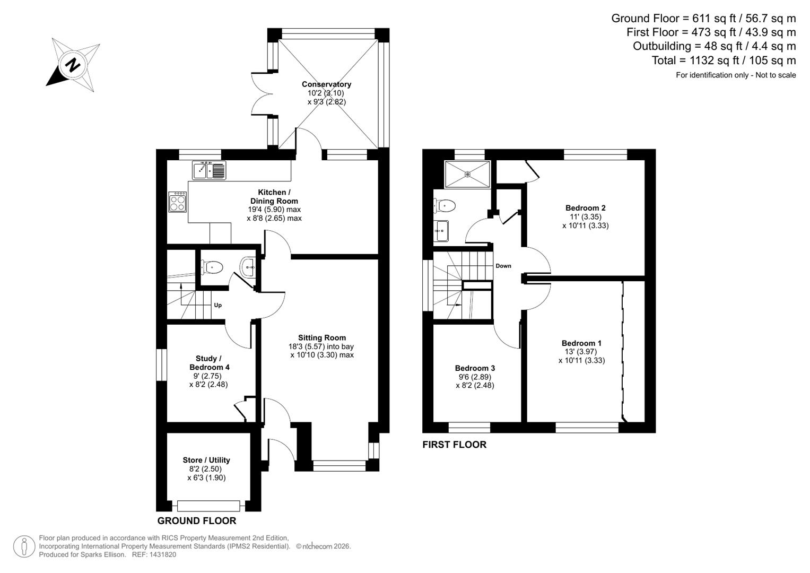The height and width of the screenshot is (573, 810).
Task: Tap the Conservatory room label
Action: pos(326,84)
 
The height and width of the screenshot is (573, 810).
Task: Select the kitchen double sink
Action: pos(209,170)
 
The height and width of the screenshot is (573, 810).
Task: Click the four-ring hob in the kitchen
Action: pos(178,202)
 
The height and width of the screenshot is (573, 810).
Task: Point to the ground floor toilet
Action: pos(212,267)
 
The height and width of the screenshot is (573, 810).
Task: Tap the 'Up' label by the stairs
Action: pos(217,305)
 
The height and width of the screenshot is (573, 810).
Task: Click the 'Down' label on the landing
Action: pos(503,266)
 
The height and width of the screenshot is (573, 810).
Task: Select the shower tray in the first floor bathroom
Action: pos(467,173)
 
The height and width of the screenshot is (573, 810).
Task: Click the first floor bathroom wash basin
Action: pos(441,231)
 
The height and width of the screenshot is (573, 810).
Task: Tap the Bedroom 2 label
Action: pos(585,208)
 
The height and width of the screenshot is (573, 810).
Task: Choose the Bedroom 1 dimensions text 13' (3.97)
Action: pos(581,352)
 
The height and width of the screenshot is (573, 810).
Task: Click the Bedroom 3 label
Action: pos(475,368)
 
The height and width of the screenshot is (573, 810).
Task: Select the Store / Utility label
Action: pos(206,460)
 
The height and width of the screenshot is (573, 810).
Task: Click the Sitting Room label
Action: pos(321,337)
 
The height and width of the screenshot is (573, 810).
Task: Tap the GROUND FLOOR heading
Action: pos(196,520)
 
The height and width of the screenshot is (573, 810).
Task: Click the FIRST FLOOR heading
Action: pos(454,445)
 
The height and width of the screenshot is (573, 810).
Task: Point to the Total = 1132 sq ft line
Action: pos(724,60)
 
